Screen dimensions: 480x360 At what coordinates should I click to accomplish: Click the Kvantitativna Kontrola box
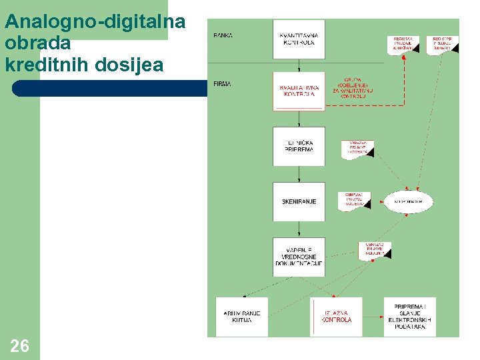[x=299, y=39]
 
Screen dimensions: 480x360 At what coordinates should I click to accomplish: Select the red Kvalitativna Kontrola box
[x=299, y=91]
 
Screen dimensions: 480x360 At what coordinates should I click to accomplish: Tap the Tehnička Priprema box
[x=299, y=146]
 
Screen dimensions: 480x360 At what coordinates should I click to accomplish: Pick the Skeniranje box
[x=299, y=201]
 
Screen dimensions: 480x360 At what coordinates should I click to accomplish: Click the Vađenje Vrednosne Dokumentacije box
[x=299, y=257]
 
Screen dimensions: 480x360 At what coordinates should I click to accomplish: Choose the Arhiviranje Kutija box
[x=241, y=317]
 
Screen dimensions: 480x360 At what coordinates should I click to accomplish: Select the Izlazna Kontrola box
[x=336, y=317]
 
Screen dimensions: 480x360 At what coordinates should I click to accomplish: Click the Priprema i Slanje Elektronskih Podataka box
[x=409, y=317]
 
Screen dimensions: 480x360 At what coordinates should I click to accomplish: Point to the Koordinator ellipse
[x=408, y=201]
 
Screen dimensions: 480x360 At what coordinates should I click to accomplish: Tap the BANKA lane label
[x=223, y=35]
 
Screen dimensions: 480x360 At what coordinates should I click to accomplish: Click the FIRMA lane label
[x=223, y=84]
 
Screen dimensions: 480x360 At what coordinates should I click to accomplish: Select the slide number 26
[x=20, y=345]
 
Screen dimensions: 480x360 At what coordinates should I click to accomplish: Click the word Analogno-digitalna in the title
[x=95, y=22]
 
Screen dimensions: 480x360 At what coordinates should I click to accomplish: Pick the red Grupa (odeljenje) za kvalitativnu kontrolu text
[x=353, y=87]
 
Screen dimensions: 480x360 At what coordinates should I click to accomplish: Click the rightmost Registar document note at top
[x=442, y=45]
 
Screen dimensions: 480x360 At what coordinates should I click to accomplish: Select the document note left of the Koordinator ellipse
[x=353, y=199]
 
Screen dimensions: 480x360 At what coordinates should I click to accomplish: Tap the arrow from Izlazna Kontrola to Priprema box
[x=373, y=317]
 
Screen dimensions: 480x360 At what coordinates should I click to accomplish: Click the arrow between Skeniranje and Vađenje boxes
[x=299, y=229]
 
